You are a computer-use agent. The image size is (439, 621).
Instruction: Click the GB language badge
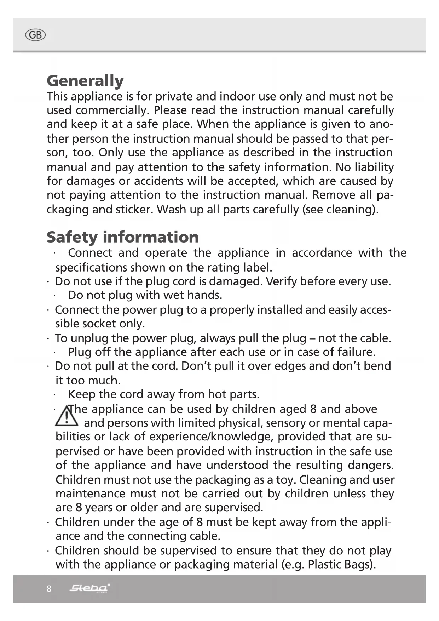pyautogui.click(x=36, y=35)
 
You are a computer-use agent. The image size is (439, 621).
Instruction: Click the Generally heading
pyautogui.click(x=85, y=81)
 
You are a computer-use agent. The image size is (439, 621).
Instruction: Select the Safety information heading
pyautogui.click(x=123, y=237)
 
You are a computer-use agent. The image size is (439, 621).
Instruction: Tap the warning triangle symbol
pyautogui.click(x=67, y=416)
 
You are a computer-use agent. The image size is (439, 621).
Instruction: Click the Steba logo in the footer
pyautogui.click(x=89, y=588)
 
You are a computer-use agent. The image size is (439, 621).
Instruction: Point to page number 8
pyautogui.click(x=49, y=589)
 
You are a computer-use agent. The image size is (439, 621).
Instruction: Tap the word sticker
pyautogui.click(x=134, y=210)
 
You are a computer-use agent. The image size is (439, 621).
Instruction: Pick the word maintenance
pyautogui.click(x=91, y=494)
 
